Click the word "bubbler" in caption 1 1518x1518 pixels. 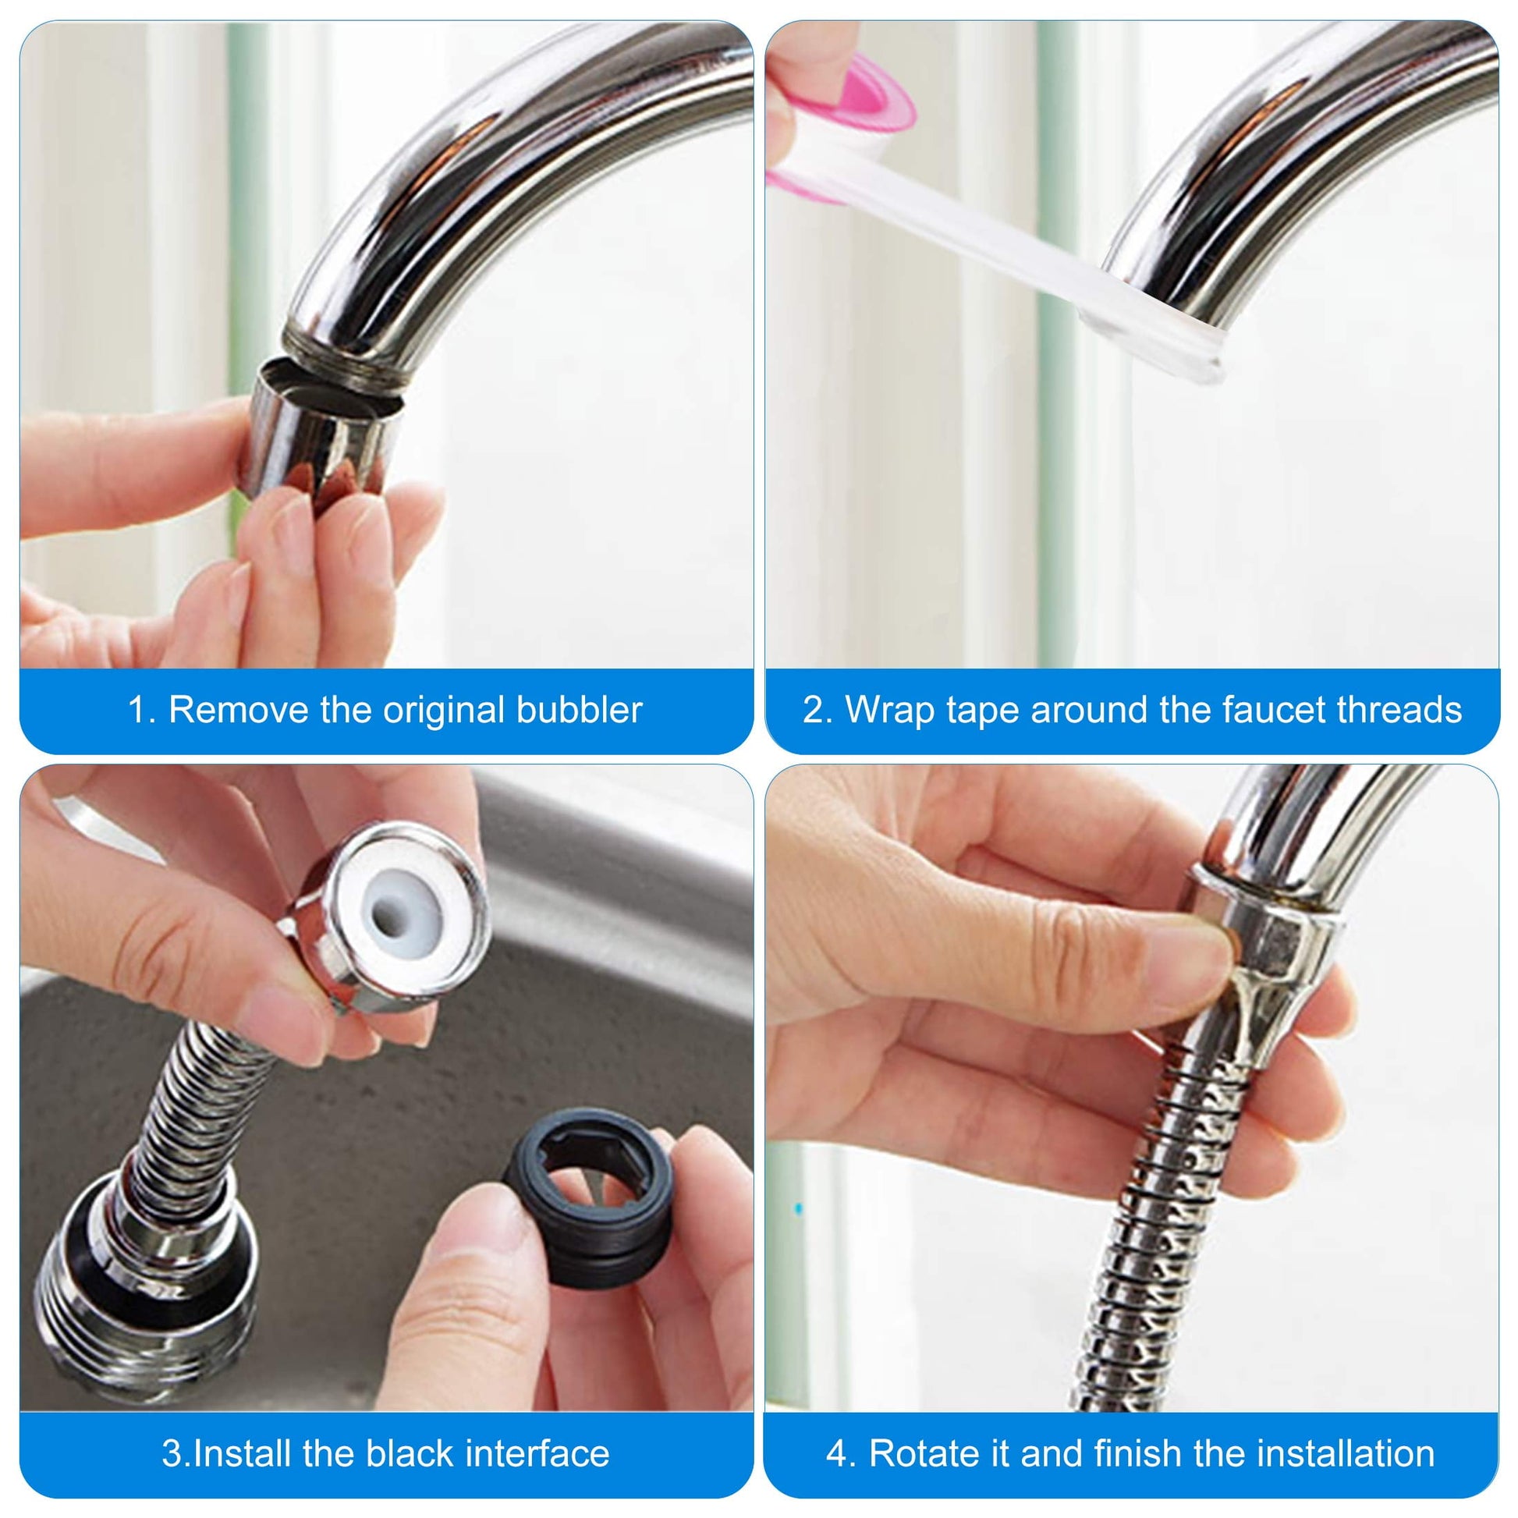(579, 710)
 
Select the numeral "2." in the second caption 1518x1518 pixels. (818, 711)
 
